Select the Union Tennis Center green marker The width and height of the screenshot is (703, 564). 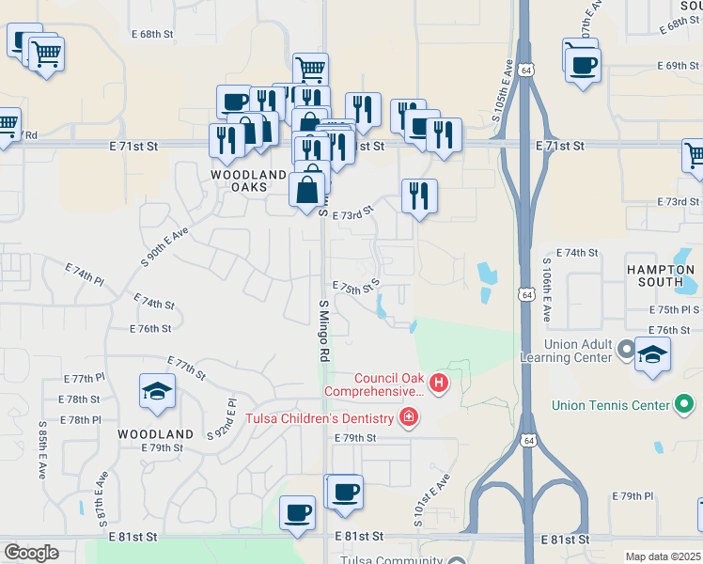(x=685, y=405)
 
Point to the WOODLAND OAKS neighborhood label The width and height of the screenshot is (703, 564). (x=248, y=181)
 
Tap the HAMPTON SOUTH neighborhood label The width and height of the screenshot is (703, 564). (x=661, y=275)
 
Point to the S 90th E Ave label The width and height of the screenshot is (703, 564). (x=165, y=247)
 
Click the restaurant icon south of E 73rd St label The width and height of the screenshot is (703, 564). (x=419, y=196)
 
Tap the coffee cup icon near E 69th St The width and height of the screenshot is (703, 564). (x=584, y=64)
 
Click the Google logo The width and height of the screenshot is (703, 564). (x=31, y=553)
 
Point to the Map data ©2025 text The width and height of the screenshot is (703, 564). (x=663, y=556)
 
